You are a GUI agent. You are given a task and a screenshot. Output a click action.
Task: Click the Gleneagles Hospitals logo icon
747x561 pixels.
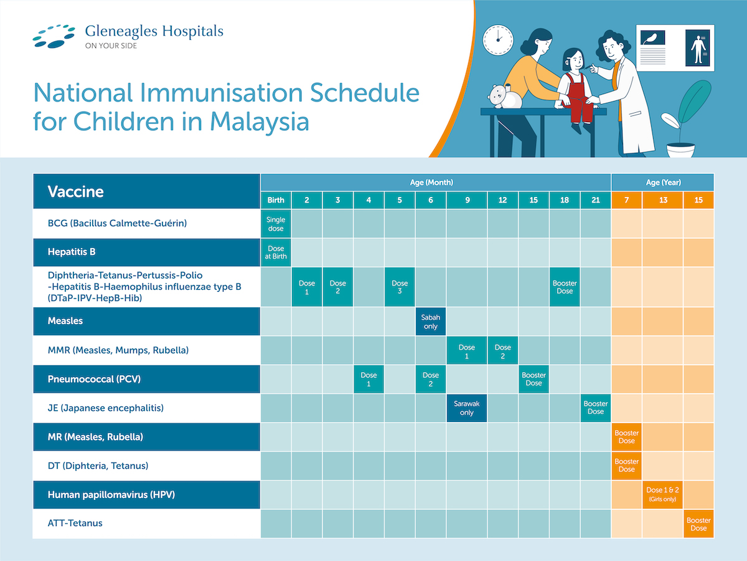54,36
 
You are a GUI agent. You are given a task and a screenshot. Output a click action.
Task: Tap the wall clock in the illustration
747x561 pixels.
498,40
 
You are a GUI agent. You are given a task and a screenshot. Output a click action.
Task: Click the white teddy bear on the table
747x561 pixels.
505,97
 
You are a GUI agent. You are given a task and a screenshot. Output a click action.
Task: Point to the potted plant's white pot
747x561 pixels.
680,150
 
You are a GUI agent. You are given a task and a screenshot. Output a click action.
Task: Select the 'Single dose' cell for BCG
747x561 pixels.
276,224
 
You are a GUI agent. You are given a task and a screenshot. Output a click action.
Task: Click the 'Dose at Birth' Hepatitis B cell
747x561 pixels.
276,252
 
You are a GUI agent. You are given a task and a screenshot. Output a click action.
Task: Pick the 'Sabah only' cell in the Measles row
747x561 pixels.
431,322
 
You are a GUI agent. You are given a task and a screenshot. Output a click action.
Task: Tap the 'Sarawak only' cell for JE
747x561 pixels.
467,408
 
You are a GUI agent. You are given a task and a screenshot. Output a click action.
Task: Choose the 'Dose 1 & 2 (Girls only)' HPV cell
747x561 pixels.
662,494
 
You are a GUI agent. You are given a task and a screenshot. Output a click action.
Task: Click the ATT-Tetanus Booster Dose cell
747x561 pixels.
698,524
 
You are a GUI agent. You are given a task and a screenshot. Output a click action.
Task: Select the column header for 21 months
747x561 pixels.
596,200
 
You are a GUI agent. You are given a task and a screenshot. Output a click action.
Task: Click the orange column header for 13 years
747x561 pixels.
662,200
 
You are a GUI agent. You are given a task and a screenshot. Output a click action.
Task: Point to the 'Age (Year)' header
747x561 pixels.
662,182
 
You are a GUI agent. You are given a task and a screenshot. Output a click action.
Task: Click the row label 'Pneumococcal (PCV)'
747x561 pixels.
94,379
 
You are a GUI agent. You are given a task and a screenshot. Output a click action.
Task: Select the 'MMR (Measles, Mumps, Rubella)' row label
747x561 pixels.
118,350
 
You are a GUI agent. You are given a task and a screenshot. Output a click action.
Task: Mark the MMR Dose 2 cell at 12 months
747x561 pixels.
502,350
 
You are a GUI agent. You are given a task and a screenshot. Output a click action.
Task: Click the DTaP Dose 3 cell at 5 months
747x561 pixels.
400,287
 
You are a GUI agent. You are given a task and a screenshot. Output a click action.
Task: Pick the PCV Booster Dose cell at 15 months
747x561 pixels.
533,379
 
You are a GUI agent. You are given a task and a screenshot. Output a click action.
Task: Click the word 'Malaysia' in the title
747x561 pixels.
260,122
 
